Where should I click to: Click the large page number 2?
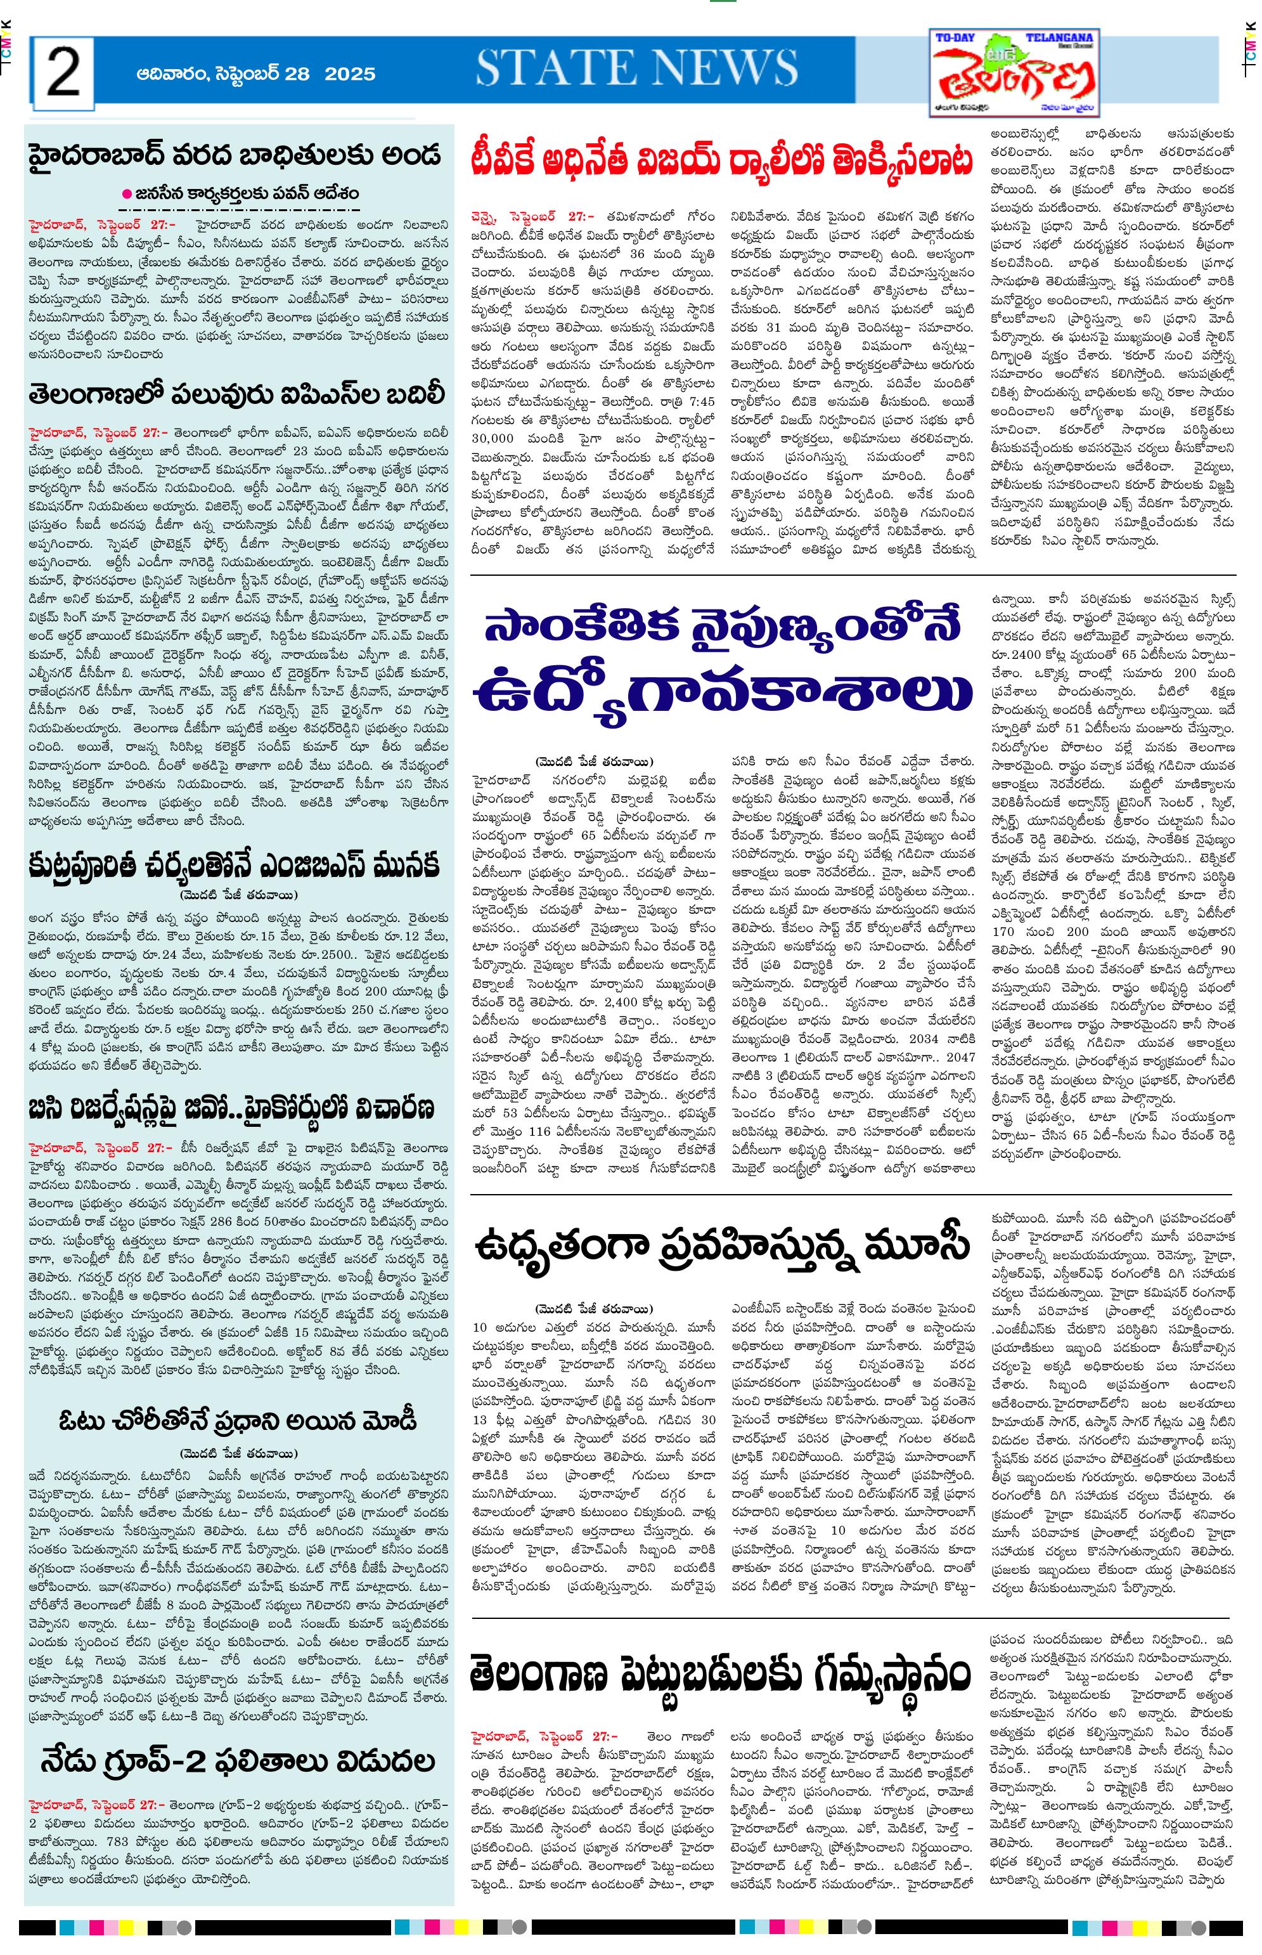pos(63,73)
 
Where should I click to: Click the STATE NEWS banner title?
pos(637,68)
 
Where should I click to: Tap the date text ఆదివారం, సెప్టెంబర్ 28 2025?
pos(255,74)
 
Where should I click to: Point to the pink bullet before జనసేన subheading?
pos(126,194)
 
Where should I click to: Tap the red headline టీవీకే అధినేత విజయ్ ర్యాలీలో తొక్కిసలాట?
pos(722,160)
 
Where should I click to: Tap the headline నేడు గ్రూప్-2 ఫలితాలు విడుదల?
pos(238,1761)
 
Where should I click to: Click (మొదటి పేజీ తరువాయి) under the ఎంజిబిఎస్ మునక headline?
pos(238,894)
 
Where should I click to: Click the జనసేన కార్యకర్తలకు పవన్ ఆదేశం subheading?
pos(246,194)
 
